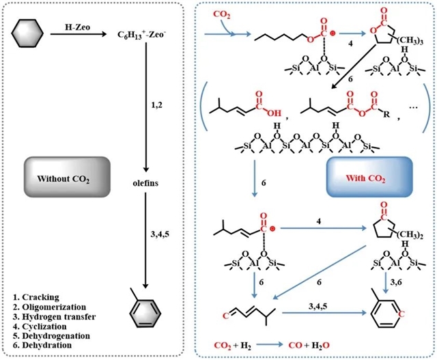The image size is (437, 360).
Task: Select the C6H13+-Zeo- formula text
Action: [145, 30]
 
